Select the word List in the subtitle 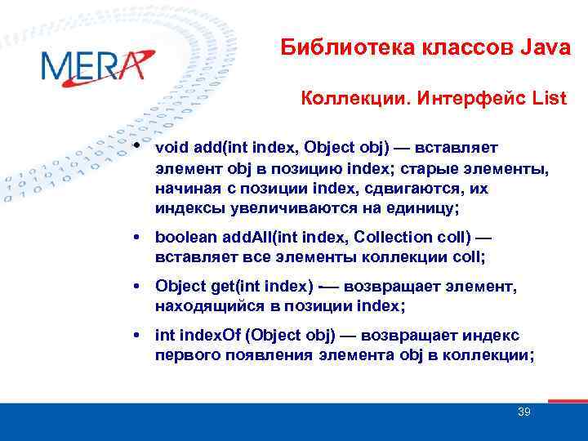(548, 99)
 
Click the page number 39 (523, 412)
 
